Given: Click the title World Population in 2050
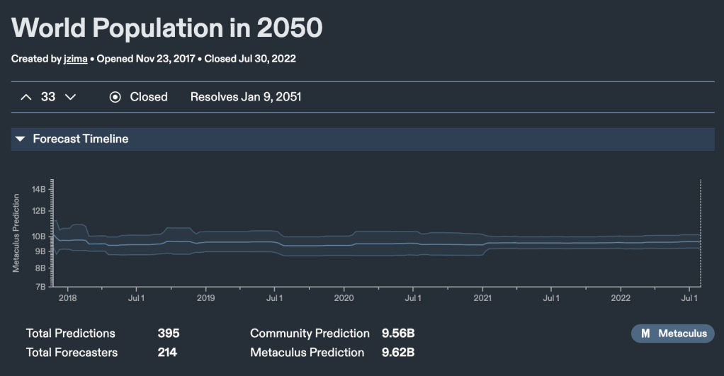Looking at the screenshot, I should tap(167, 28).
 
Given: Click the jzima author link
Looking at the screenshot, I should tap(75, 59).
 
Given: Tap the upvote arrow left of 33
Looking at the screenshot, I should tap(26, 97).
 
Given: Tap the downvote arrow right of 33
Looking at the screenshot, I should tap(70, 97).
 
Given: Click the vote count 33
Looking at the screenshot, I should tap(48, 97).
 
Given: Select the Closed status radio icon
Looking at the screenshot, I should tap(115, 97).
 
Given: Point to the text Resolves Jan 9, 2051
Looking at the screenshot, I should tap(246, 97).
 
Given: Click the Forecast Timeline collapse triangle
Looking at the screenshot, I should tap(21, 139).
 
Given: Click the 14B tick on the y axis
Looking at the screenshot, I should tap(38, 189).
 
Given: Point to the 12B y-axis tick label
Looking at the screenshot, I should tap(38, 210).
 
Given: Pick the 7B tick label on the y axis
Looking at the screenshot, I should tap(40, 286).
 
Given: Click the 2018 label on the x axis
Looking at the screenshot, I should tap(67, 299).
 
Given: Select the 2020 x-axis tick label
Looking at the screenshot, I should tap(344, 299).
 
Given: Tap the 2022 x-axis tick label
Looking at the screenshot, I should tap(621, 299).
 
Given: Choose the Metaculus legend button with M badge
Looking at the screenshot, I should tap(673, 334).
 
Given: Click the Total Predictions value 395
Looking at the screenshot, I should tap(169, 334).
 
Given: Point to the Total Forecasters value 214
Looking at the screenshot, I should tap(167, 352).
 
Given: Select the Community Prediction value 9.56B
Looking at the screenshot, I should tap(398, 334).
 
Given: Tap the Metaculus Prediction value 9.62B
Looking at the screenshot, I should tap(398, 352).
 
